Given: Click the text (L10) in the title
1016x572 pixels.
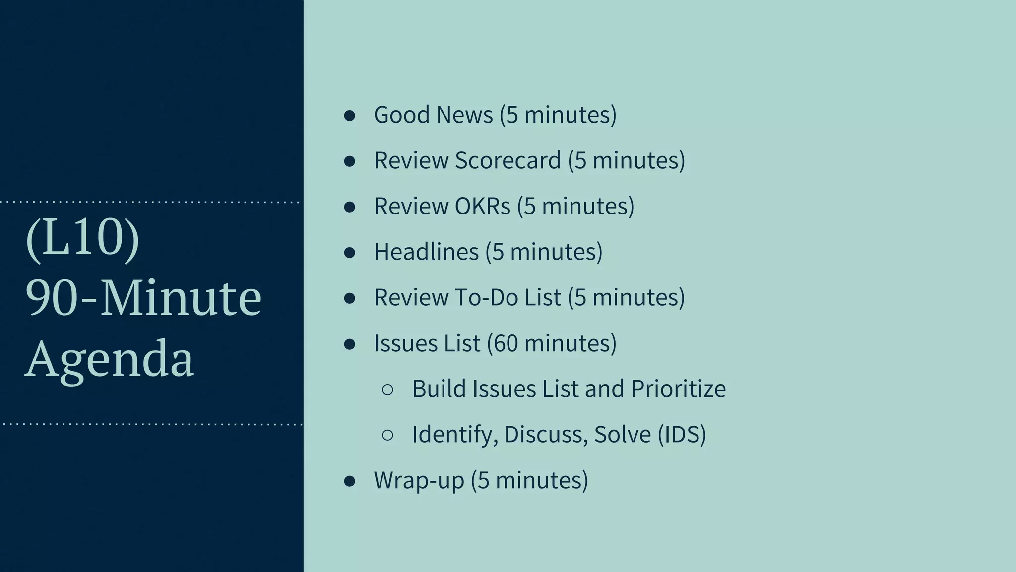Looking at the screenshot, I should coord(82,238).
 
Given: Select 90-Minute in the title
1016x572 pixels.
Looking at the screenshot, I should coord(143,298).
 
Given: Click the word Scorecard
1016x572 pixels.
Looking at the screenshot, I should coord(508,160).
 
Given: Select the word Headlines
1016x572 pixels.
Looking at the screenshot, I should coord(426,252).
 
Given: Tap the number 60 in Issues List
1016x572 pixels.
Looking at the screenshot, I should coord(506,343).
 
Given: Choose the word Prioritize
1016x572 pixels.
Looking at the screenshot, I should coord(678,389).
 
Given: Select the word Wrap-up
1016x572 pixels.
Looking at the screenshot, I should coord(419,480).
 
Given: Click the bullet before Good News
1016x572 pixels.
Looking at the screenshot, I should coord(350,116).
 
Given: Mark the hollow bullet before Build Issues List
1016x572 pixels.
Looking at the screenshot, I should coord(388,390).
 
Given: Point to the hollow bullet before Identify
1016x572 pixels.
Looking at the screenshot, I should coord(388,435).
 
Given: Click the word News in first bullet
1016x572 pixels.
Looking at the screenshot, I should coord(465,115).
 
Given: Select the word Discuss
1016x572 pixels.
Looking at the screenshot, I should coord(546,434).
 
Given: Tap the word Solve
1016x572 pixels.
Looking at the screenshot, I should coord(622,434).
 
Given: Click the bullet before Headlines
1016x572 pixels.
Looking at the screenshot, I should coord(350,253).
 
